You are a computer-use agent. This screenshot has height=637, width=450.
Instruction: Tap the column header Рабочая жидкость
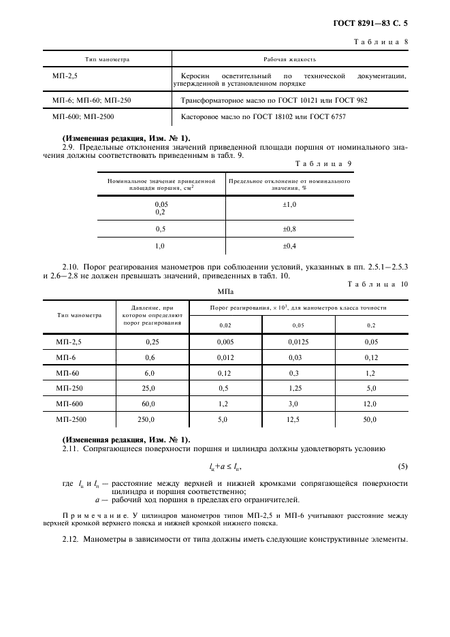click(290, 59)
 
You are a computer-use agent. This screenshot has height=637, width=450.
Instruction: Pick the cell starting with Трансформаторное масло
click(274, 100)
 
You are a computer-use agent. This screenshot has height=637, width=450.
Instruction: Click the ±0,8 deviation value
click(289, 229)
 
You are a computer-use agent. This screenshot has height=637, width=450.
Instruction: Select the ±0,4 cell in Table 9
click(289, 246)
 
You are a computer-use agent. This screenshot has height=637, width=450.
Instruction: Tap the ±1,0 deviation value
click(289, 204)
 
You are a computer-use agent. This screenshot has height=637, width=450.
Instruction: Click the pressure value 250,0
click(146, 420)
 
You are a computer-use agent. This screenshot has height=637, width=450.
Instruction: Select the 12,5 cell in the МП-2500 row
click(293, 420)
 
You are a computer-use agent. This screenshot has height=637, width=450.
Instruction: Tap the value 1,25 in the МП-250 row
click(294, 389)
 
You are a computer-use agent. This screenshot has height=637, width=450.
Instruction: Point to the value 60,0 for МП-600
click(148, 404)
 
